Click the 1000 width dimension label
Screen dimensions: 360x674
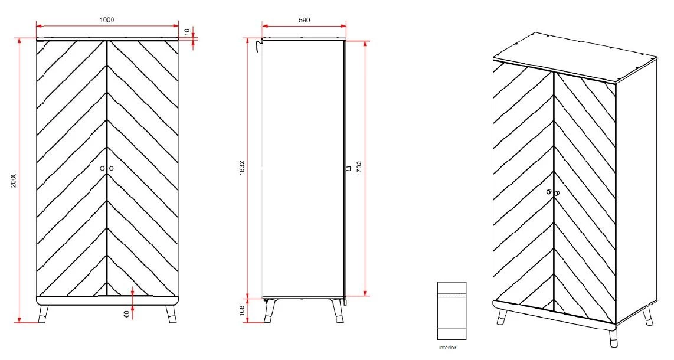click(107, 19)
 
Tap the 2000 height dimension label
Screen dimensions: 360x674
click(13, 181)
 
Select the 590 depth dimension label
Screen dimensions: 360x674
click(304, 19)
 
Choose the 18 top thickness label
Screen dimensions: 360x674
click(187, 31)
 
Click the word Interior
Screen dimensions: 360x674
click(448, 348)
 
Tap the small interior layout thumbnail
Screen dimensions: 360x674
click(451, 310)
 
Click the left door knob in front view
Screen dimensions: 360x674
click(102, 168)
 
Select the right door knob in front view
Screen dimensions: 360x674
click(111, 168)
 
